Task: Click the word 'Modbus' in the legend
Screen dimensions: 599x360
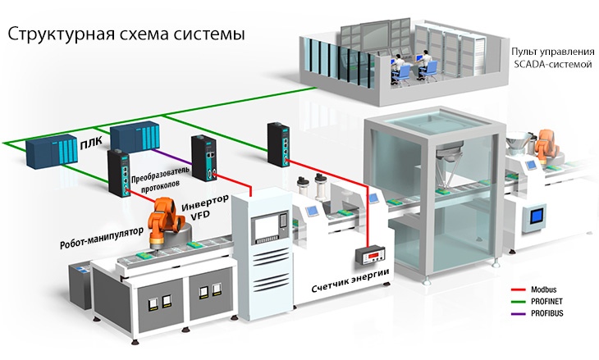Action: tap(543, 289)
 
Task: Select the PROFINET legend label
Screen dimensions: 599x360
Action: tap(546, 302)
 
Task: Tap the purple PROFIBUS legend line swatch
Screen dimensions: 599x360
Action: tap(519, 314)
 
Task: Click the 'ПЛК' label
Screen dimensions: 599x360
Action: tap(91, 142)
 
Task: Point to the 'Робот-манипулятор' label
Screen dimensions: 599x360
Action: tap(102, 238)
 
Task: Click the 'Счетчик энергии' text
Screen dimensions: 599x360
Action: tap(350, 281)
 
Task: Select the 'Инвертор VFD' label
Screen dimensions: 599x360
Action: tap(205, 208)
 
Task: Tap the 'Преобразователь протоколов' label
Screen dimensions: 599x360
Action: tap(160, 176)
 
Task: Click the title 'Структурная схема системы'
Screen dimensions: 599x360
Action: tap(126, 34)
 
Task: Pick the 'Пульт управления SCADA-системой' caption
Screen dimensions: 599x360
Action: tap(553, 58)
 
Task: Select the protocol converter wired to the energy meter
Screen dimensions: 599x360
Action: tap(278, 144)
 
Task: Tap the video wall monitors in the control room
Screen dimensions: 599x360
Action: tap(377, 35)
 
